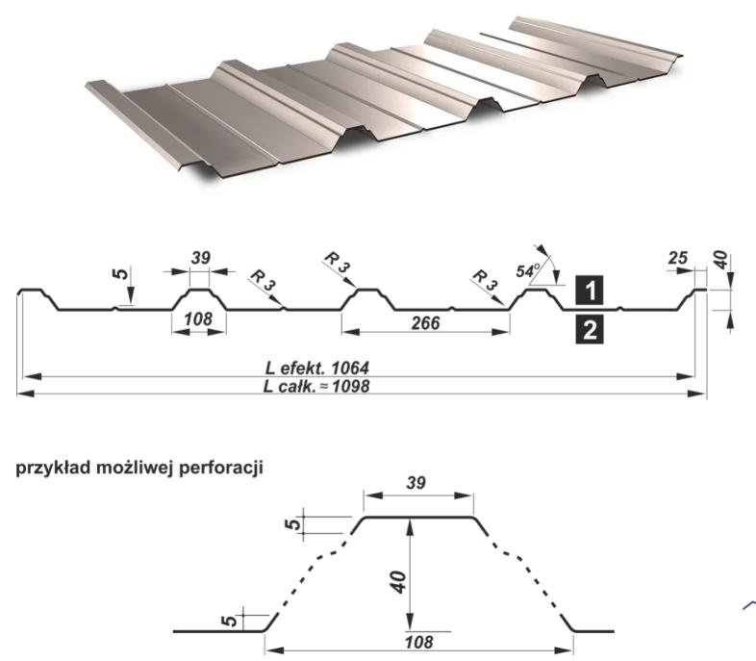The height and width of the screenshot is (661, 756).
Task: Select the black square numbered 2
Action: [x=590, y=330]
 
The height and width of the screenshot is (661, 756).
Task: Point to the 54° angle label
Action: [x=526, y=271]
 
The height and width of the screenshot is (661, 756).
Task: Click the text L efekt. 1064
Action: [x=317, y=368]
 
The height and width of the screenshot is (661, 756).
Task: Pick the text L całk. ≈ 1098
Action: [x=317, y=387]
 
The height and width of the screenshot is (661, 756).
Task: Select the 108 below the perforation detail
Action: [x=418, y=641]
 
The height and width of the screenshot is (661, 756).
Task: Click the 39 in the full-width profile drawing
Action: [x=200, y=258]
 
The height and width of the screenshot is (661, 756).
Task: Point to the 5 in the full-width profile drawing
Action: [x=120, y=274]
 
